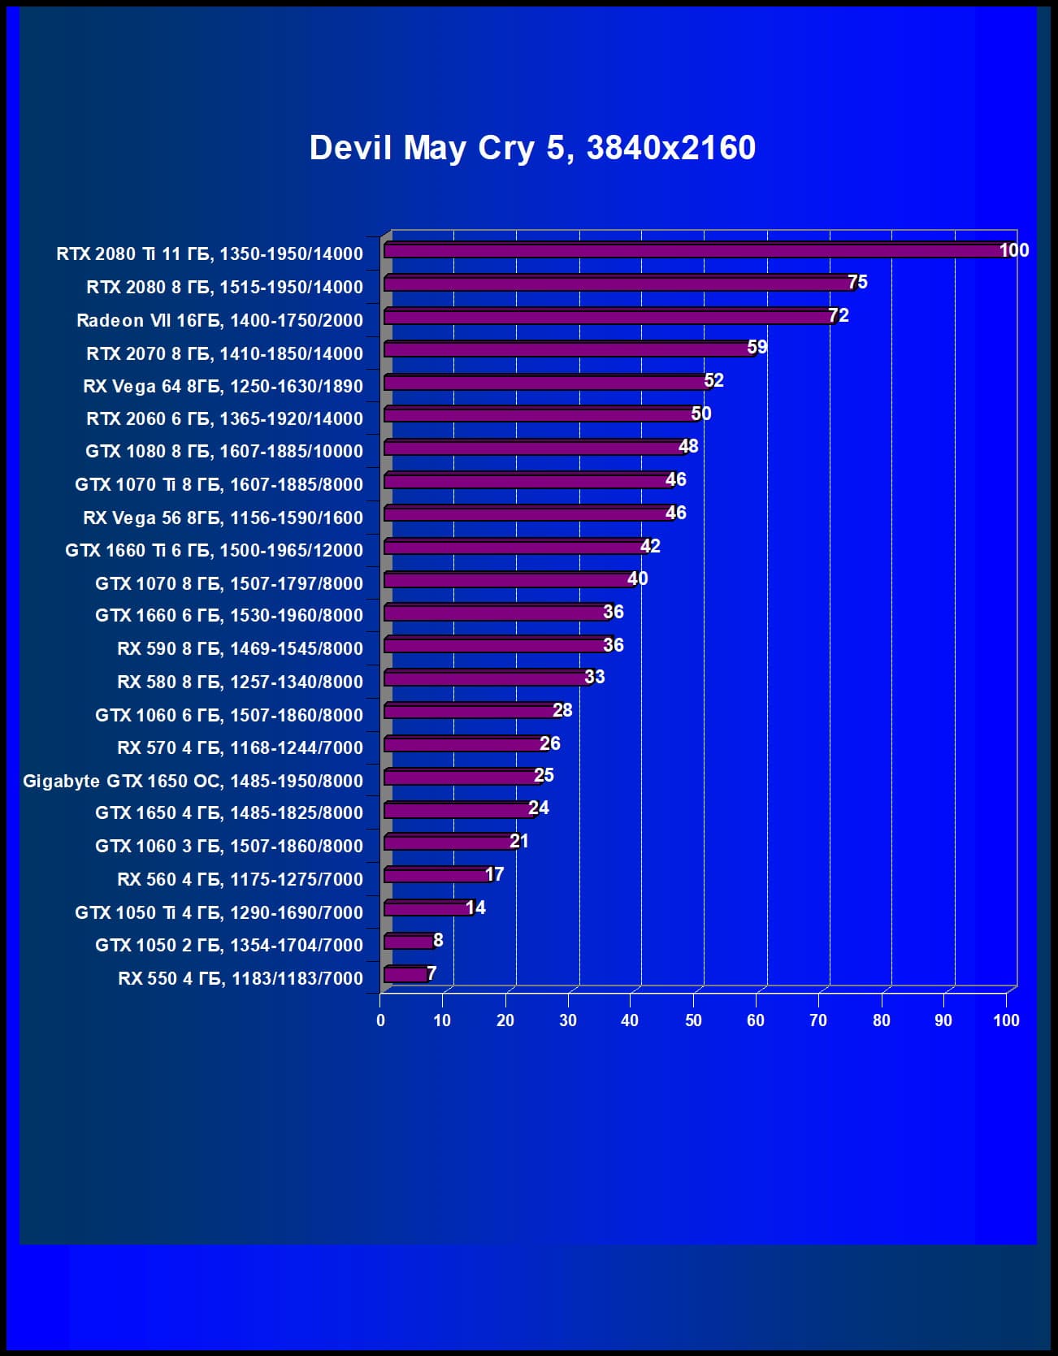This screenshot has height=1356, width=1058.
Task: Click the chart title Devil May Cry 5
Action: (x=532, y=148)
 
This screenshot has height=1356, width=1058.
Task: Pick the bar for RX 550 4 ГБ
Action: (x=405, y=974)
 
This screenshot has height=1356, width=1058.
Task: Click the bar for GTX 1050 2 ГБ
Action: (x=409, y=942)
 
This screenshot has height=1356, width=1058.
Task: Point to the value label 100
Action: (x=1013, y=250)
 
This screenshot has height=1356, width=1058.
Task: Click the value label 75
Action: (x=857, y=282)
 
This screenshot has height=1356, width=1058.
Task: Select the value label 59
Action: (x=757, y=348)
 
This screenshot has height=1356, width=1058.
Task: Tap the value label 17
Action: (x=494, y=874)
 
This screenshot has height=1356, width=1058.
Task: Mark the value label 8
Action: (x=438, y=940)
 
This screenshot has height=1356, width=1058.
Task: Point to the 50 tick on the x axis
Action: (x=693, y=1020)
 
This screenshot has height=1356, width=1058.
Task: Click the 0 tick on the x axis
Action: (x=380, y=1020)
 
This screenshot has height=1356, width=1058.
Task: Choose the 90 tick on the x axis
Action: (x=943, y=1020)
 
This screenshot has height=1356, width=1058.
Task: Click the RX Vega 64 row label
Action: (x=223, y=386)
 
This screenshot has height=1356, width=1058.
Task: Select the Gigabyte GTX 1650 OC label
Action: (x=193, y=781)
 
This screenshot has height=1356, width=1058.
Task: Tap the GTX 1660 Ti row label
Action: (x=214, y=550)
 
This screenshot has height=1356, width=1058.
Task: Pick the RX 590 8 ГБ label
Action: (x=240, y=648)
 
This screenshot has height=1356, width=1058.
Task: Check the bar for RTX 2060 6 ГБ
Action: (x=540, y=415)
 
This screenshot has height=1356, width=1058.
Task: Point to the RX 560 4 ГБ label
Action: (x=240, y=879)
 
